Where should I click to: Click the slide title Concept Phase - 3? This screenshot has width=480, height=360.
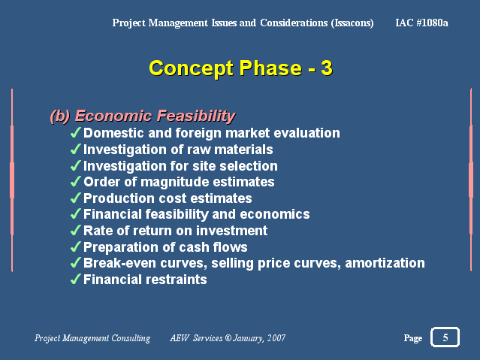coord(240,68)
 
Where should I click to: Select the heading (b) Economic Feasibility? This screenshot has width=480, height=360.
coord(143,116)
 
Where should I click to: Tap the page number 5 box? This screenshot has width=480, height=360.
coord(445,337)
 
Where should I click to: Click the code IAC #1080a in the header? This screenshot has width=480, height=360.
coord(422,23)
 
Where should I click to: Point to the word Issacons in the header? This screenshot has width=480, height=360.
coord(352,23)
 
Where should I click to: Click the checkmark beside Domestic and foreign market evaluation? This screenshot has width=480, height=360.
coord(76,133)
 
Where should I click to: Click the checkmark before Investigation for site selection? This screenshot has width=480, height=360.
coord(76,165)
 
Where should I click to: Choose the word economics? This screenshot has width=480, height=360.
coord(275,214)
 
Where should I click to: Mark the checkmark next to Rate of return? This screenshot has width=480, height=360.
coord(76,231)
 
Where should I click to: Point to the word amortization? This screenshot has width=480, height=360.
coord(385,263)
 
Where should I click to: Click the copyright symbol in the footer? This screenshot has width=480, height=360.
coord(228,338)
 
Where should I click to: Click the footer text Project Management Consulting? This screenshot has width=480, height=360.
coord(92,338)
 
